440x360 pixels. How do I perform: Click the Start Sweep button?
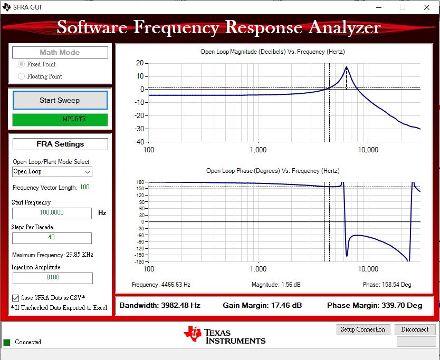(x=60, y=100)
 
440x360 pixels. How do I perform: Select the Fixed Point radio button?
(x=22, y=64)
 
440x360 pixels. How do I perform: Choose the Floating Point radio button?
(x=22, y=76)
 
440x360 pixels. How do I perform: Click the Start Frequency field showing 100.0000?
(x=52, y=213)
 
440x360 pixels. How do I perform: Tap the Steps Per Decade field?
(x=52, y=238)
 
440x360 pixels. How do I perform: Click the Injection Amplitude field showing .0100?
(x=52, y=278)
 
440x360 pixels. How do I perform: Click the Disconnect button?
(x=415, y=329)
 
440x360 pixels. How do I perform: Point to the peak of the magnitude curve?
(x=346, y=67)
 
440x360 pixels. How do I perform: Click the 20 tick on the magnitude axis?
(x=140, y=63)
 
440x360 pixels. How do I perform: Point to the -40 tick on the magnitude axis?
(x=139, y=142)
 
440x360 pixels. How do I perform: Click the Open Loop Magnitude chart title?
(x=272, y=52)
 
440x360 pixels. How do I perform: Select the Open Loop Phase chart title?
(x=272, y=171)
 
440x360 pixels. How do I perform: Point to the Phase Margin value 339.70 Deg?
(x=399, y=306)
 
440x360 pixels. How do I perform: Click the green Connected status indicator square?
(x=7, y=342)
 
